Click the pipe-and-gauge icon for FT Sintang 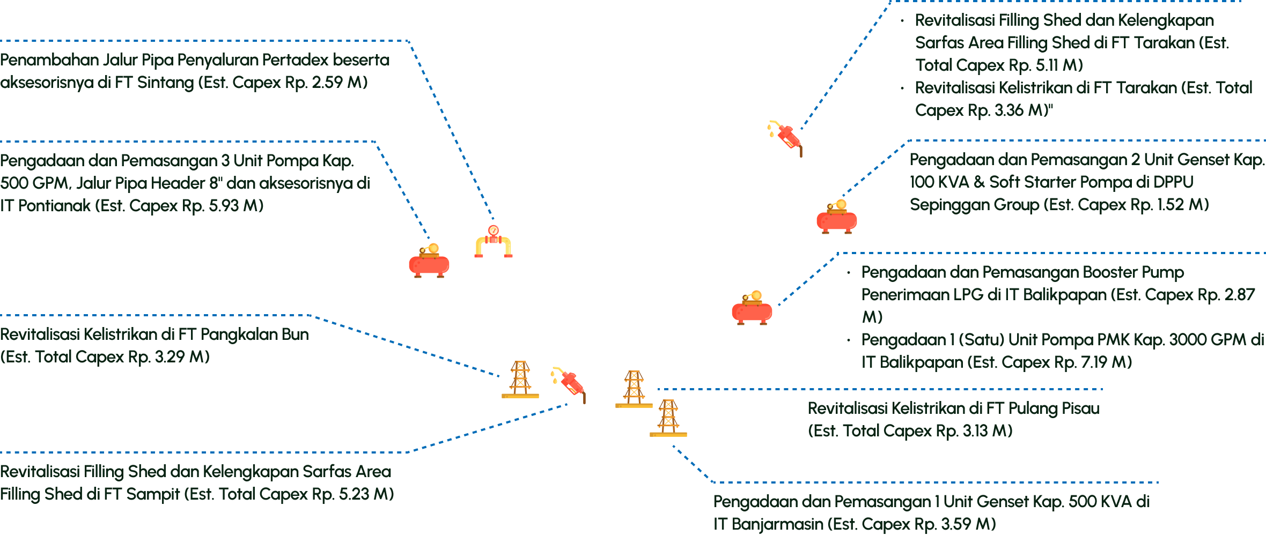tap(494, 242)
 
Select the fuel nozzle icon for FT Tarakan tap(786, 137)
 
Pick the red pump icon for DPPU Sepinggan tap(836, 217)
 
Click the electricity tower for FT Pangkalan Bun tap(520, 380)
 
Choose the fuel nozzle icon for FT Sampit tap(570, 383)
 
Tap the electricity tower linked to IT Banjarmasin tap(668, 418)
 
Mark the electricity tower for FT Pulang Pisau tap(634, 389)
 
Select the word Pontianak tap(54, 206)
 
